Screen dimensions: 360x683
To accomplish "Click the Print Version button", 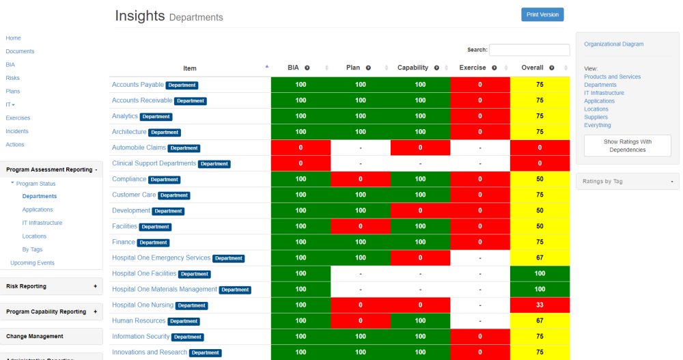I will pyautogui.click(x=542, y=15).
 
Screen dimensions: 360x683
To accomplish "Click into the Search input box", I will pyautogui.click(x=529, y=50).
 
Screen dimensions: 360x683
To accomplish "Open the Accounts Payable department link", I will pyautogui.click(x=137, y=85).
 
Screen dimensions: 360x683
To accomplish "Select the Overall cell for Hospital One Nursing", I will pyautogui.click(x=540, y=305).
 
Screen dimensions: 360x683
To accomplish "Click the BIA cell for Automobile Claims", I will pyautogui.click(x=301, y=148).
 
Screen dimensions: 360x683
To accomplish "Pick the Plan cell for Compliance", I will pyautogui.click(x=360, y=179).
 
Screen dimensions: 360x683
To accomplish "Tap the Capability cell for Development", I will pyautogui.click(x=420, y=210).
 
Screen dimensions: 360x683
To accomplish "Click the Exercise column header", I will pyautogui.click(x=473, y=68).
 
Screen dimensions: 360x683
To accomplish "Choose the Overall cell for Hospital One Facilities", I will pyautogui.click(x=540, y=274).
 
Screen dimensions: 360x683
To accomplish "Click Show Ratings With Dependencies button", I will pyautogui.click(x=627, y=146).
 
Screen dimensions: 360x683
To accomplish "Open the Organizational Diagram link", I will pyautogui.click(x=613, y=44).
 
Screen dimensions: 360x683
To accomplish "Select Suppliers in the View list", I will pyautogui.click(x=596, y=117).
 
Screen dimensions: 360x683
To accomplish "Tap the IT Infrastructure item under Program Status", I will pyautogui.click(x=42, y=223).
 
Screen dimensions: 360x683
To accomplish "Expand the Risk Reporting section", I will pyautogui.click(x=52, y=286).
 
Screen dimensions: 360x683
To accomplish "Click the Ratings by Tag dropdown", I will pyautogui.click(x=627, y=181).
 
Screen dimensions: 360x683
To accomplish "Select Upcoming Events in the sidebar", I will pyautogui.click(x=32, y=263).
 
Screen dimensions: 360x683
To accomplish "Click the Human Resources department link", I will pyautogui.click(x=139, y=321).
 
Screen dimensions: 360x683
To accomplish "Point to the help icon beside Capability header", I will pyautogui.click(x=435, y=68).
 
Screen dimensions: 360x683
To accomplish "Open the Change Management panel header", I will pyautogui.click(x=52, y=336).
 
